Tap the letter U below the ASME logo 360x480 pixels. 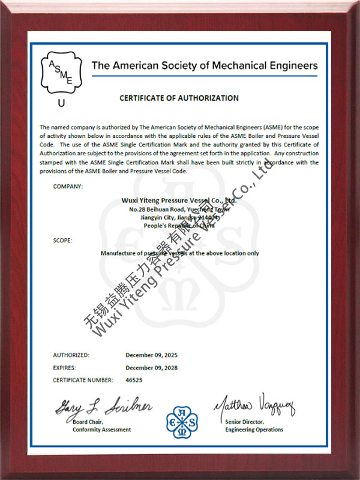[61, 103]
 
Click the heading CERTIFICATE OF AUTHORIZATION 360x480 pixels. [179, 98]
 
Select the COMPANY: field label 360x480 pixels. [68, 186]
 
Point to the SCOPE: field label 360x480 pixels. [62, 240]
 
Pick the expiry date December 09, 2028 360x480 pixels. [151, 367]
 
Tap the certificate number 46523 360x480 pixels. [134, 380]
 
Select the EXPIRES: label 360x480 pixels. [64, 367]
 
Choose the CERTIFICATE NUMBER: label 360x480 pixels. [83, 380]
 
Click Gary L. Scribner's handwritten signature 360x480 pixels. [103, 409]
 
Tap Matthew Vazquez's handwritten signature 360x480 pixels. [254, 407]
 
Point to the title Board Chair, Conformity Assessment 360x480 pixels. [101, 426]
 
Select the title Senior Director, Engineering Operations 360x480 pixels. [254, 426]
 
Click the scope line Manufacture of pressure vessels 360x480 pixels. [180, 253]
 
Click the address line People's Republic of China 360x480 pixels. [180, 224]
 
